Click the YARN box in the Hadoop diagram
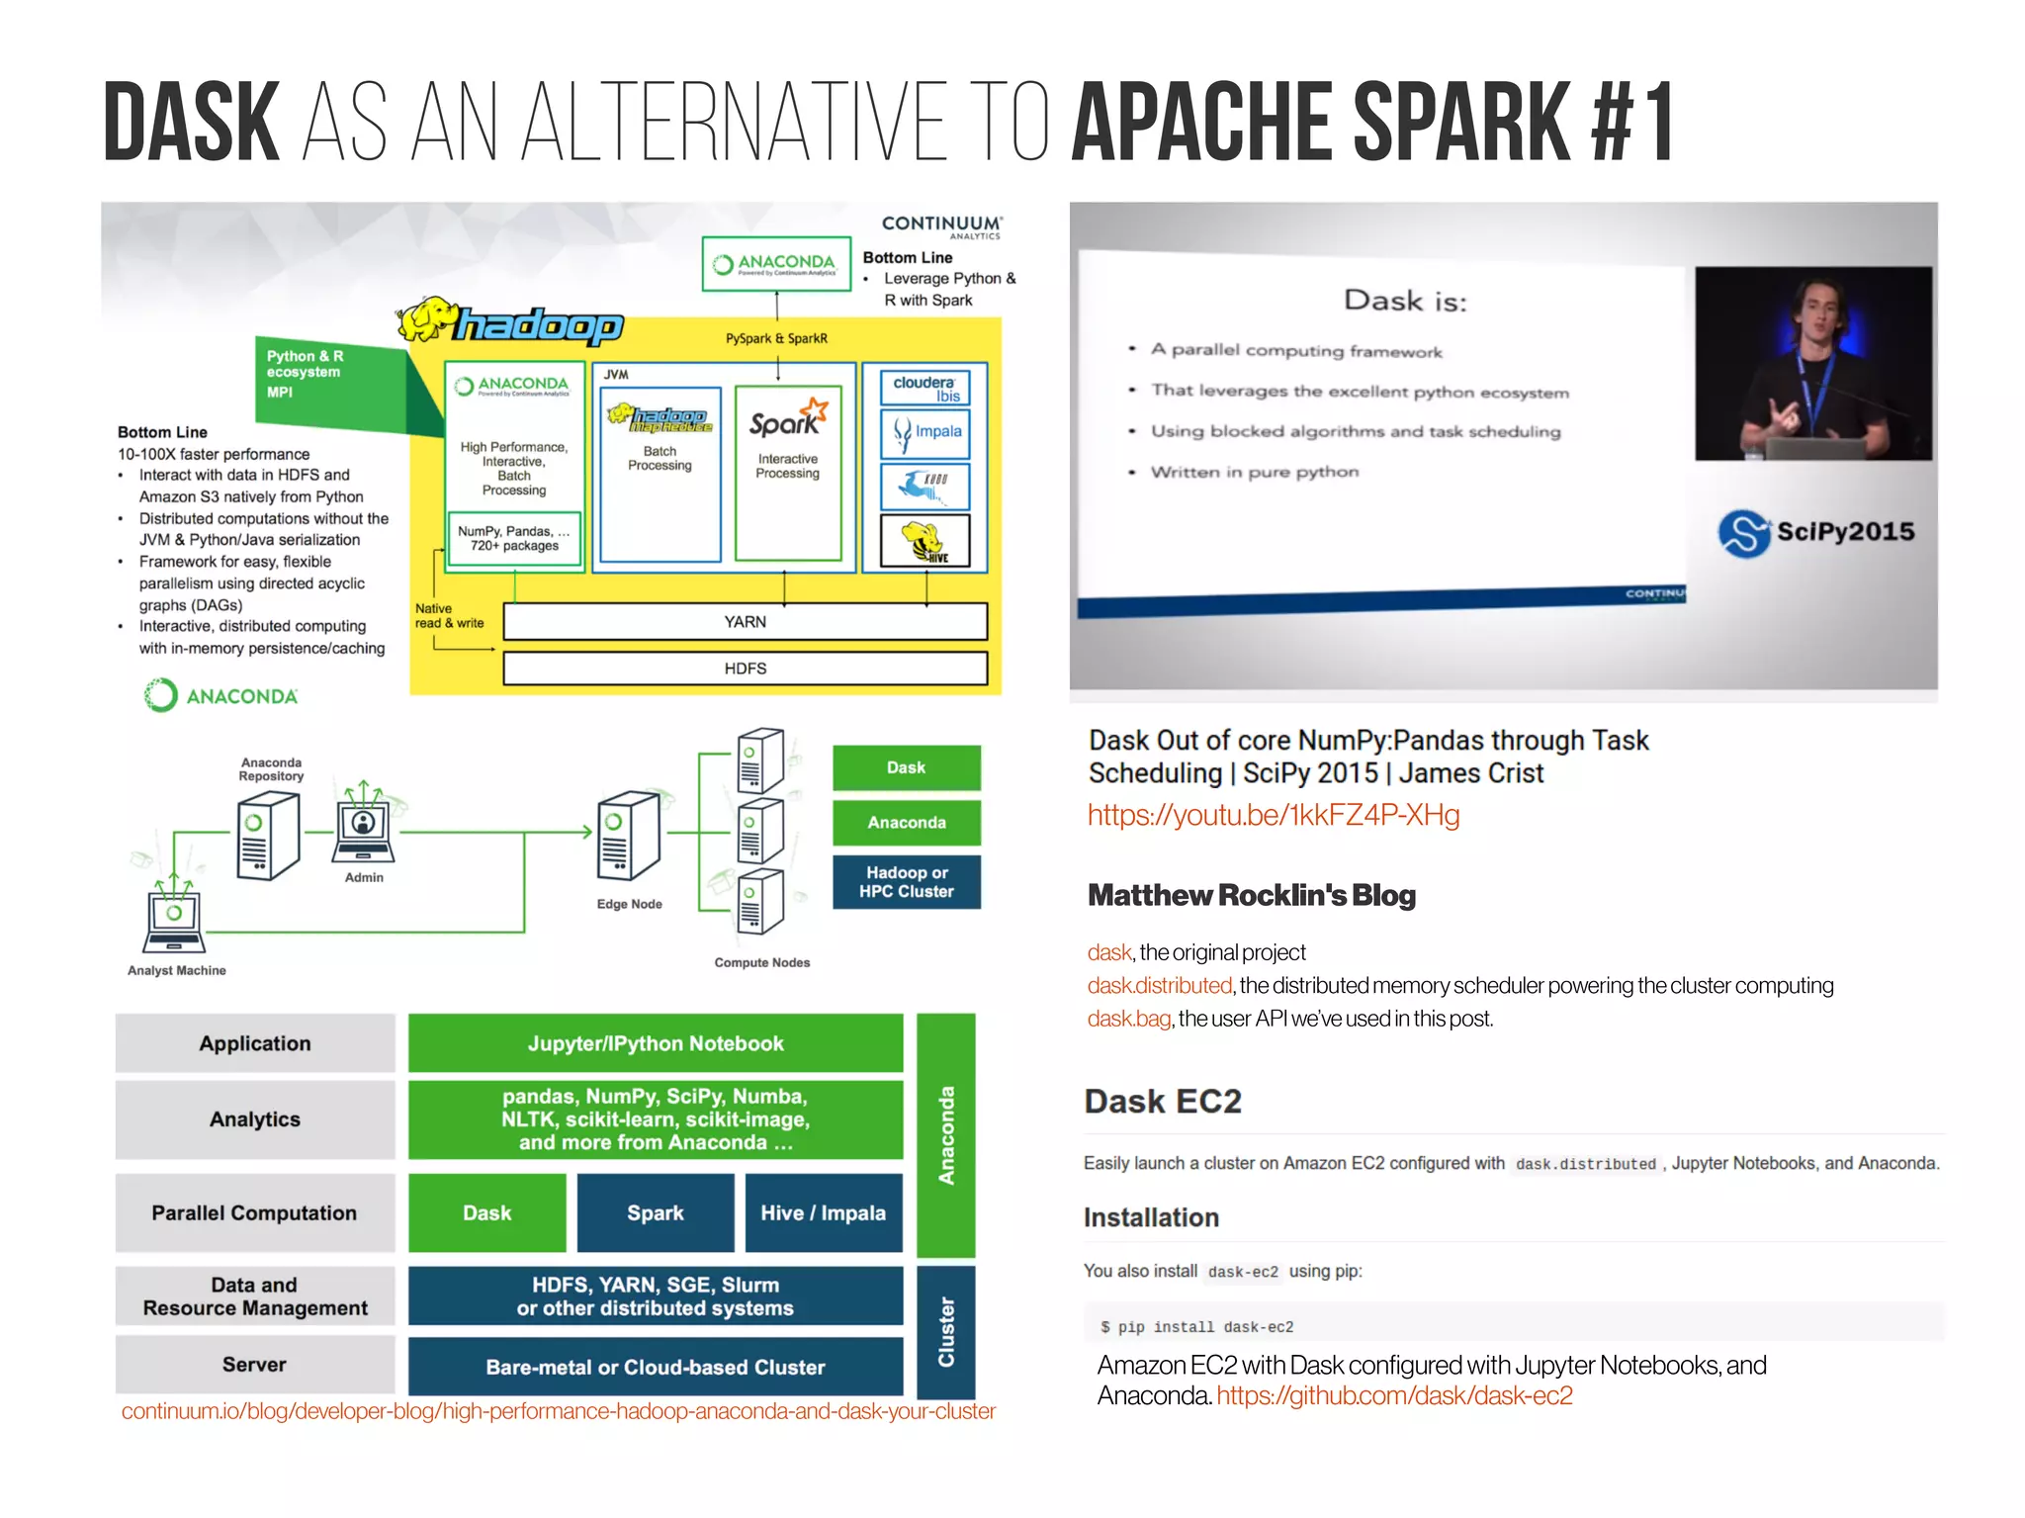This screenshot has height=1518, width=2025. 745,621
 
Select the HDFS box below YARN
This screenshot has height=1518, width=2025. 745,669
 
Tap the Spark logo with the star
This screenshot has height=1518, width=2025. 787,418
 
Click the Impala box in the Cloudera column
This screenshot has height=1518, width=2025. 925,433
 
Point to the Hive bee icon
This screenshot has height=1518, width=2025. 924,541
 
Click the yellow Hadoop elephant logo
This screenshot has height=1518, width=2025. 427,318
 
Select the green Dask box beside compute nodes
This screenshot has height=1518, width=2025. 906,767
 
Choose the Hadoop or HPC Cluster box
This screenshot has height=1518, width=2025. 906,882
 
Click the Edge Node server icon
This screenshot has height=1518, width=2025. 628,836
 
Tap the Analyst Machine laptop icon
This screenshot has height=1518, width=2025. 174,920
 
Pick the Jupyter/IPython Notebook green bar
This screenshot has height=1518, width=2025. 655,1043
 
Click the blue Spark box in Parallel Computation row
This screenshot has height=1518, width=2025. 655,1213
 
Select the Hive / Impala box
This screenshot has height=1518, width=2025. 823,1213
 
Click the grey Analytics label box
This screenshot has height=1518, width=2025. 254,1119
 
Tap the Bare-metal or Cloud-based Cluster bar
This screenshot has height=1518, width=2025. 655,1367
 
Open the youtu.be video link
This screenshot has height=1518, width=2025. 1273,815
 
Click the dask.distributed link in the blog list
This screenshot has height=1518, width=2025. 1159,986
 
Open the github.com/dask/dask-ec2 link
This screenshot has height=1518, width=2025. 1393,1396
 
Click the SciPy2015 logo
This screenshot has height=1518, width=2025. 1815,532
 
